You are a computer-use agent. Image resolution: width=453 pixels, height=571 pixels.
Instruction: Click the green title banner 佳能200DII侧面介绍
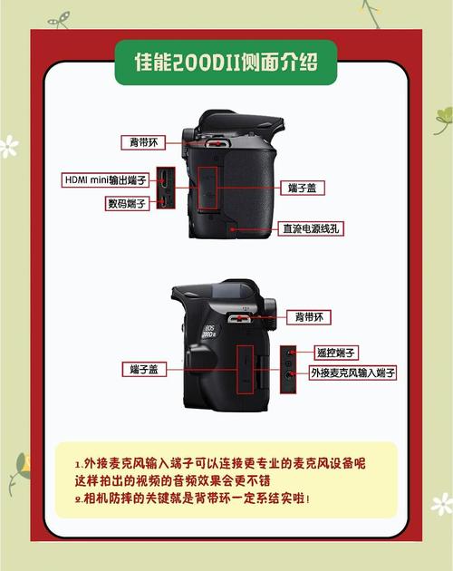tap(226, 62)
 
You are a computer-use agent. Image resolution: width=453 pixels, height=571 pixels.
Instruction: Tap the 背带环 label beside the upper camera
tap(142, 142)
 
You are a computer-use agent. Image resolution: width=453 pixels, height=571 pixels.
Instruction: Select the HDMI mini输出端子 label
tap(105, 179)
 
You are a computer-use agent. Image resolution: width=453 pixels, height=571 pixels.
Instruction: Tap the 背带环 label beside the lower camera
tap(308, 317)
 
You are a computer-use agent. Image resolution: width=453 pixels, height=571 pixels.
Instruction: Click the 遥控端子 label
tap(336, 352)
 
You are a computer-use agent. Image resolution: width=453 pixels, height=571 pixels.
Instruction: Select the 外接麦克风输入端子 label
tap(352, 373)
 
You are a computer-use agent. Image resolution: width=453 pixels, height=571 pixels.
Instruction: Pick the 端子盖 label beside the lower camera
tap(143, 369)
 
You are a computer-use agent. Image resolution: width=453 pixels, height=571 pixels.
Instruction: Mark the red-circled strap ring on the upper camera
tap(216, 143)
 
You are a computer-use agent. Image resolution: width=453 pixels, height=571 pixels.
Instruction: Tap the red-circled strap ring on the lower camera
tap(242, 318)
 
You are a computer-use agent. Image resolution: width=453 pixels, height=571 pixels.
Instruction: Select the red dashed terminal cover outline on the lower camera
tap(244, 369)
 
